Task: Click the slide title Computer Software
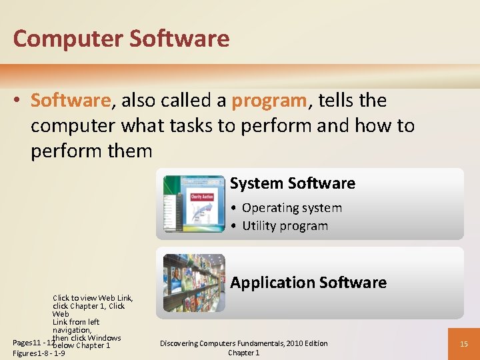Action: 121,39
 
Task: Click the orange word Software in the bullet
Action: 71,101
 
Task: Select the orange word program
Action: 269,101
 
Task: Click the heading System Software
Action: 293,183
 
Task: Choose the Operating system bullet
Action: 291,208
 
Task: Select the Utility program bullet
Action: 285,226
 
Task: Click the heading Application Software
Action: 308,283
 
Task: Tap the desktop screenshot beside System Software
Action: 194,203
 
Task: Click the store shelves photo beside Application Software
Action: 194,283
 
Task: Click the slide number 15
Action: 463,344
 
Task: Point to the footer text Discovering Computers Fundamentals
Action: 244,343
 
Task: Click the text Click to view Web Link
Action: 93,298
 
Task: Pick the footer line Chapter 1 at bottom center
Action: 244,353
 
